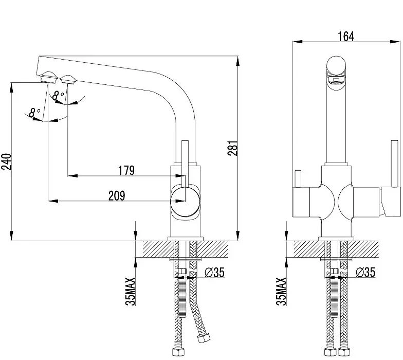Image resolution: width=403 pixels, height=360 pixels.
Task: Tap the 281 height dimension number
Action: click(x=233, y=148)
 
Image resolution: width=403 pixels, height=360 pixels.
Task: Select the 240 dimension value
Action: click(x=6, y=161)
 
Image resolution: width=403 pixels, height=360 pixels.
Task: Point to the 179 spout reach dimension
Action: click(x=126, y=171)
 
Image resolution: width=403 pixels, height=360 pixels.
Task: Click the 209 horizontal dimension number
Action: click(x=117, y=195)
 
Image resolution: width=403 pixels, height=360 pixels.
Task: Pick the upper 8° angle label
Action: click(x=58, y=96)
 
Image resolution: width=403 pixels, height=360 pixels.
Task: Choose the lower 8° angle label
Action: click(x=35, y=112)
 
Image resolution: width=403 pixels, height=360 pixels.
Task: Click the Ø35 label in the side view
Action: click(x=215, y=273)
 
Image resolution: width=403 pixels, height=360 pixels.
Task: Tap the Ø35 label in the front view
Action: click(x=365, y=273)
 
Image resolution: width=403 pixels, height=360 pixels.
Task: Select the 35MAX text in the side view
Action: click(x=131, y=291)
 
